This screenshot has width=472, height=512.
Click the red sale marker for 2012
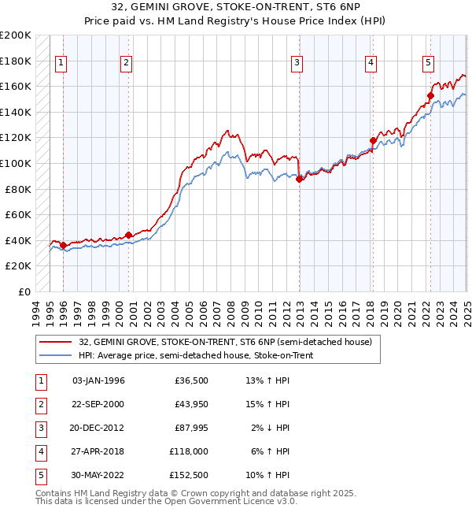(300, 179)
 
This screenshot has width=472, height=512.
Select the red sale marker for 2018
(373, 141)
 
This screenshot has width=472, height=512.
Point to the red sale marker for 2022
(430, 96)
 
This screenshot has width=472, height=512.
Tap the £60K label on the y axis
(18, 214)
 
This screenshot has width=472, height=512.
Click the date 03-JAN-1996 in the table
(98, 380)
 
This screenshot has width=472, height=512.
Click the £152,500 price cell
(188, 475)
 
